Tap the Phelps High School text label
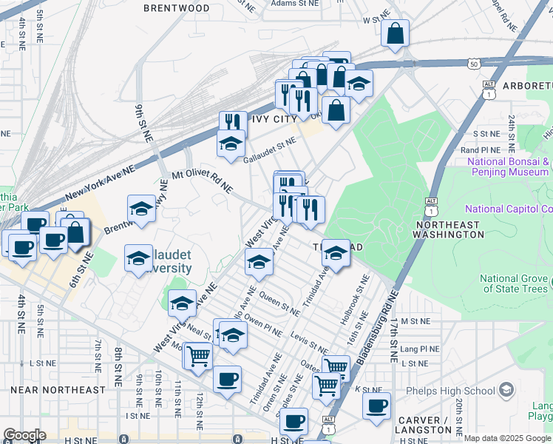450,391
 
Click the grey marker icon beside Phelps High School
506,390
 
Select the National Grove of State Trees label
515,283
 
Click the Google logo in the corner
24,435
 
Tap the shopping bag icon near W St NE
396,33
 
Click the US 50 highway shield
472,64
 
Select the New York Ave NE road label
101,182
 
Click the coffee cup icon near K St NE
377,406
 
